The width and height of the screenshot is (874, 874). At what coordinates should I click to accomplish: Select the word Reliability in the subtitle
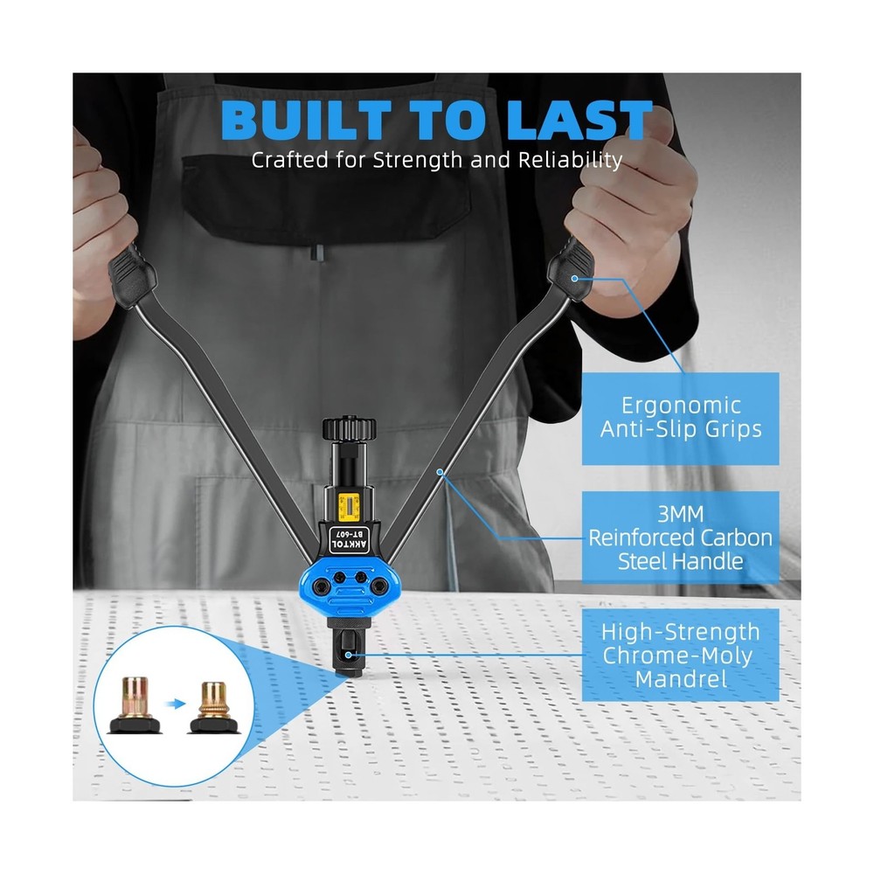coord(570,161)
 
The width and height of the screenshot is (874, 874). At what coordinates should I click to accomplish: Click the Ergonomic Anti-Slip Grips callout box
coord(681,418)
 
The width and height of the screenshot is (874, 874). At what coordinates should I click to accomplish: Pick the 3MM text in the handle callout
coord(681,514)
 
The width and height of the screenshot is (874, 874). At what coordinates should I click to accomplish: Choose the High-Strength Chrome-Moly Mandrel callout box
coord(681,655)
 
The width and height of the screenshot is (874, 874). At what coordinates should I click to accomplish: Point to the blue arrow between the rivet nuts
coord(177,704)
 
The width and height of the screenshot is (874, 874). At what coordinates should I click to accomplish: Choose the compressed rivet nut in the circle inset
coord(214,707)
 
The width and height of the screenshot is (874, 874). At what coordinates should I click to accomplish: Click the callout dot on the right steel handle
coord(440,472)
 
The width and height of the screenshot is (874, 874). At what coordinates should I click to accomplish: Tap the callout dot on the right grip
coord(574,278)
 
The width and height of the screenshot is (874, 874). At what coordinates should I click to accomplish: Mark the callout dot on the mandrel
coord(349,655)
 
